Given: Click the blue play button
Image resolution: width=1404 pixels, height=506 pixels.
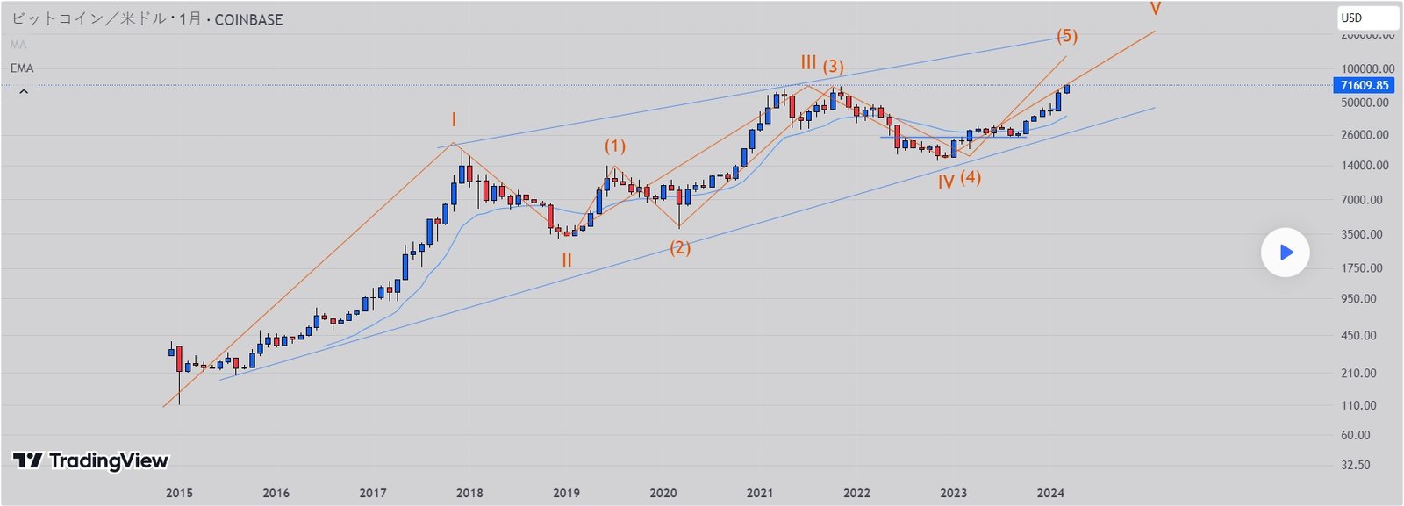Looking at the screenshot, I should [x=1286, y=253].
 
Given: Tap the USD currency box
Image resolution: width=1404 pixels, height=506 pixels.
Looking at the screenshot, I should [x=1367, y=18].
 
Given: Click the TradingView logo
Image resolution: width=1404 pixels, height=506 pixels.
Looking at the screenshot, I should [x=90, y=460].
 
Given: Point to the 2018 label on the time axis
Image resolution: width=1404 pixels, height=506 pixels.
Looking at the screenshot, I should [x=469, y=493].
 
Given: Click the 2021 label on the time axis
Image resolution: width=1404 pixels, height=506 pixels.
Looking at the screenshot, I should [x=760, y=493].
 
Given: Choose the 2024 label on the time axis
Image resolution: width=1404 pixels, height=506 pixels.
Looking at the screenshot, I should [x=1050, y=493].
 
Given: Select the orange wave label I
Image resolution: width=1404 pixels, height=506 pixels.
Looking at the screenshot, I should [x=454, y=120].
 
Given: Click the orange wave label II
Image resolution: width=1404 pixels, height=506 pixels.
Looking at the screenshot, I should [x=567, y=260].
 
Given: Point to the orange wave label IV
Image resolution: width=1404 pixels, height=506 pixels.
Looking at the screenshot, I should [x=946, y=182].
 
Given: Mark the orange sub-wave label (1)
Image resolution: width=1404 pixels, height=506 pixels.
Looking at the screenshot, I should [x=615, y=146].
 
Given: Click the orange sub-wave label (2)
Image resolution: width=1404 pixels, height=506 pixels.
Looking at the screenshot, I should [x=680, y=248].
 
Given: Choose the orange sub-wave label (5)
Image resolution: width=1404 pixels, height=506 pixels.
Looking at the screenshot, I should [x=1067, y=36].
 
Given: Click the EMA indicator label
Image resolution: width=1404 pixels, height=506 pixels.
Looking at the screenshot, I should [x=22, y=68].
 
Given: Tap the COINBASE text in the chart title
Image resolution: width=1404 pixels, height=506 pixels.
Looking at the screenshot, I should [x=248, y=19].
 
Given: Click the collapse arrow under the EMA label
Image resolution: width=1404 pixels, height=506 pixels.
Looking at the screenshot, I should [x=24, y=91].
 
